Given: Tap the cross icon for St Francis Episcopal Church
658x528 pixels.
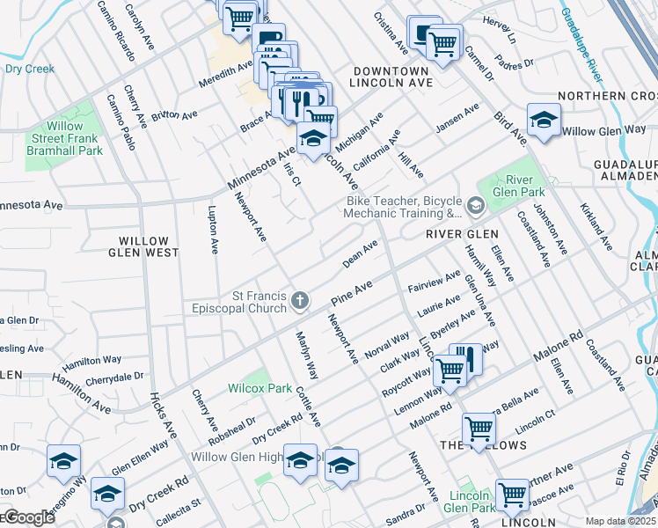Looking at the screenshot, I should tap(300, 301).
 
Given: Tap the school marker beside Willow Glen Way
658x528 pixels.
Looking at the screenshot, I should tap(544, 120).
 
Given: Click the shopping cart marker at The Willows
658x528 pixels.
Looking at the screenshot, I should tap(479, 429).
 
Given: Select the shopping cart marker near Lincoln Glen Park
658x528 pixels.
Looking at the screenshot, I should tap(512, 495).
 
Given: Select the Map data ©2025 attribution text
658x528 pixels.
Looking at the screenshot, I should tap(620, 521).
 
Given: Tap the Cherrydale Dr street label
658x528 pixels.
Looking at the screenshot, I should tap(114, 378).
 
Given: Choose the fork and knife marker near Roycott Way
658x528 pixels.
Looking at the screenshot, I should tap(467, 359).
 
